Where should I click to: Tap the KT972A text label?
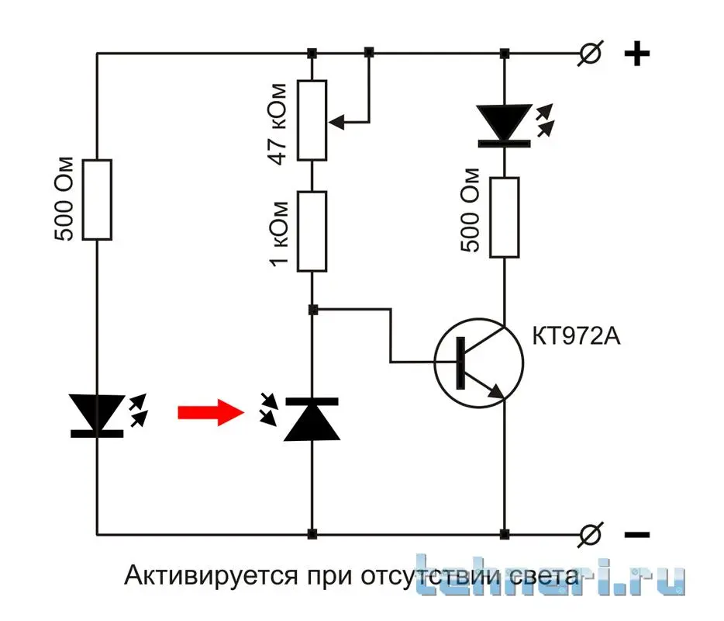coord(577,337)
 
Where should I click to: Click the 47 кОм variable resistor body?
coord(312,120)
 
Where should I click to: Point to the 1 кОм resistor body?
coord(312,231)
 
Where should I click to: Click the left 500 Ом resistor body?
coord(98,199)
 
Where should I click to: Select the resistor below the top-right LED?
coord(504,217)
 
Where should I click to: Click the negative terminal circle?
coord(592,534)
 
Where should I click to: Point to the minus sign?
coord(636,535)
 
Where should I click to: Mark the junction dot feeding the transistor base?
coord(312,310)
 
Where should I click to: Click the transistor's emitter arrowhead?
coord(495,394)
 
